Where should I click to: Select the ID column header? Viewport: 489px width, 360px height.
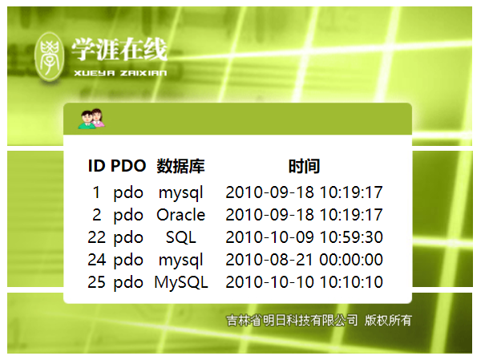coord(97,166)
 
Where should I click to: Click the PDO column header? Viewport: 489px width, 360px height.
coord(128,166)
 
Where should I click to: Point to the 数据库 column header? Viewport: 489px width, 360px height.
coord(180,166)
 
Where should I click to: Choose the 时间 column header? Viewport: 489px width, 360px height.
coord(304,166)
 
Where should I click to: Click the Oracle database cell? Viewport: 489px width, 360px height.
coord(180,215)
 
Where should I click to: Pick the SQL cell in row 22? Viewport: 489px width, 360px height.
coord(180,237)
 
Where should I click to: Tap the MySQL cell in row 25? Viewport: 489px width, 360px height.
coord(180,282)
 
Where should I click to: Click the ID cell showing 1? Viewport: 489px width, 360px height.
coord(97,192)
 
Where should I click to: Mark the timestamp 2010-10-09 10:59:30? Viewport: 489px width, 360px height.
coord(304,237)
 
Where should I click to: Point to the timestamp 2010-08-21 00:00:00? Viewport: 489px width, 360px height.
coord(304,260)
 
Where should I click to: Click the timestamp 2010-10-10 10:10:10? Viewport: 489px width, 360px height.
coord(304,282)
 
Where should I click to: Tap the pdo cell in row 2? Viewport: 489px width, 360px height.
coord(128,215)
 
